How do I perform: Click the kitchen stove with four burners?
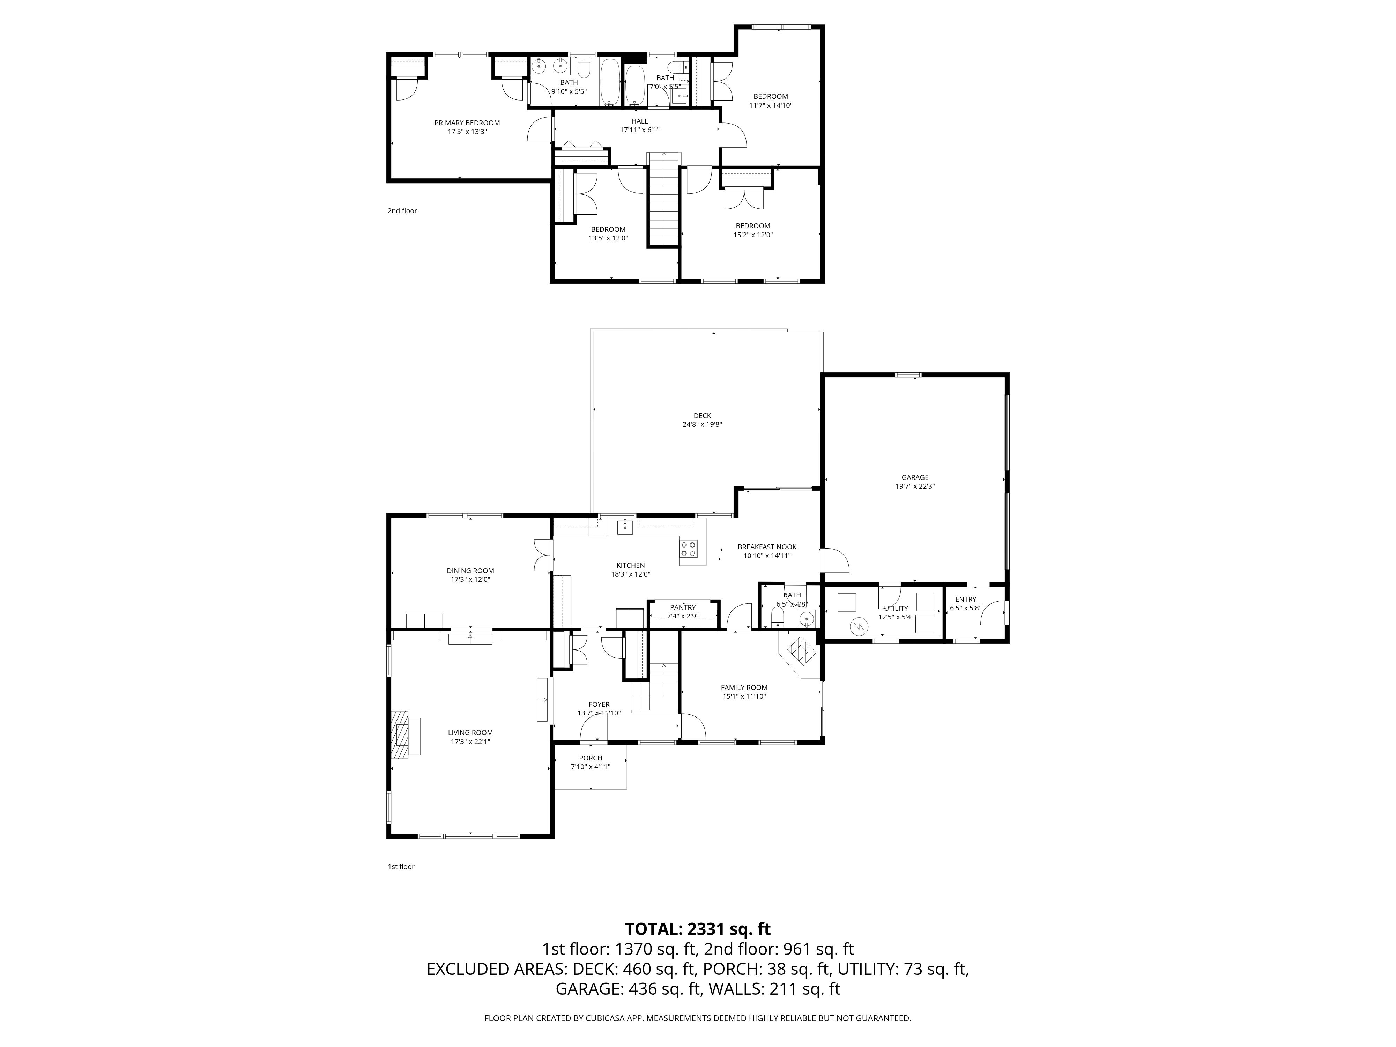click(689, 549)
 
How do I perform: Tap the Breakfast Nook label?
click(767, 547)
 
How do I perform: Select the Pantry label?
click(683, 608)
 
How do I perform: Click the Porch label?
click(591, 758)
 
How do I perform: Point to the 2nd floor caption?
click(402, 211)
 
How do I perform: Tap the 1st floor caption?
click(401, 867)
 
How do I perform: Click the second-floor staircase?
click(663, 199)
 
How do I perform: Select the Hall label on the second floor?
click(639, 121)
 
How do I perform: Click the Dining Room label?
click(470, 571)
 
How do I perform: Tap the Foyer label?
click(599, 704)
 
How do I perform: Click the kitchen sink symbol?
click(625, 526)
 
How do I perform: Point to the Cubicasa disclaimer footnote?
click(697, 1018)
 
